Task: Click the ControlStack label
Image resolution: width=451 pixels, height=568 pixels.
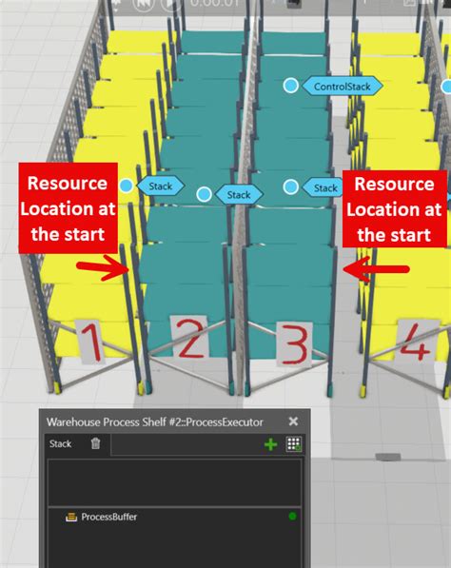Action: click(342, 87)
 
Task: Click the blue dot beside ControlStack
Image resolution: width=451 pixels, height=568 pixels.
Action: click(290, 86)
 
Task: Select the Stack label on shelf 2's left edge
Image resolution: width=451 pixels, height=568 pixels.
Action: click(160, 186)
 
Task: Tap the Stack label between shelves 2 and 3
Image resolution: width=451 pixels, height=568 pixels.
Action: click(238, 195)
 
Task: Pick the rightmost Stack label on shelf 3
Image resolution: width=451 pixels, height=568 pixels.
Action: click(325, 187)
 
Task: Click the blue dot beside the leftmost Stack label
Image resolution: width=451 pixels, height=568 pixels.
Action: click(127, 186)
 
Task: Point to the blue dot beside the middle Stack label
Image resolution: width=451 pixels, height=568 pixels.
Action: click(204, 195)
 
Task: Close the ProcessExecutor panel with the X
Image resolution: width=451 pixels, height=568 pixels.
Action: click(293, 421)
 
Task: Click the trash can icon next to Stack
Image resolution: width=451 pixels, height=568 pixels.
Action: click(95, 443)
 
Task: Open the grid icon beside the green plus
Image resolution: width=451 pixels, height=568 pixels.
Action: click(294, 444)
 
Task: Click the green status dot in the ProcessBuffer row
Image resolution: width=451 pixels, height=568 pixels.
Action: click(292, 517)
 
